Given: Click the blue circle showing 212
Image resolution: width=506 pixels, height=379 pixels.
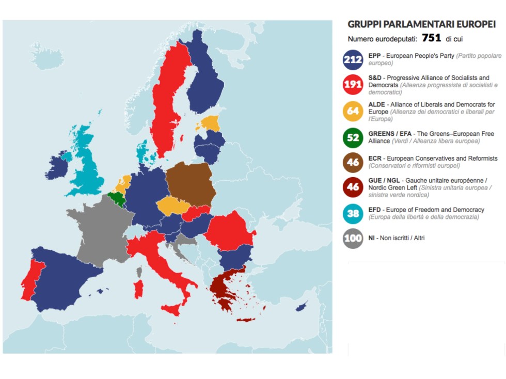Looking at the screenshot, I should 353,59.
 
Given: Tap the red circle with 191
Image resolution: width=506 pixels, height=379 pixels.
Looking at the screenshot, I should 353,85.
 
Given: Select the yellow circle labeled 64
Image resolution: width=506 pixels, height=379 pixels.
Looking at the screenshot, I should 353,110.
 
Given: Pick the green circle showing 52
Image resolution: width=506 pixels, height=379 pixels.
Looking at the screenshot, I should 353,137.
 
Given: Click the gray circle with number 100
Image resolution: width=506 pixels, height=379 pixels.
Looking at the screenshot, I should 353,239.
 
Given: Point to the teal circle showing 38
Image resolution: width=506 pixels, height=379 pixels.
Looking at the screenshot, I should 353,213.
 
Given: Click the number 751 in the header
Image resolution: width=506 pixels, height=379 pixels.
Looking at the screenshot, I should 431,38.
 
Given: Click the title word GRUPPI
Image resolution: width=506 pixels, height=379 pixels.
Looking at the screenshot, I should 363,24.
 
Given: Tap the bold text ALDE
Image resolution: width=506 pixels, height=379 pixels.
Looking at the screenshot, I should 377,104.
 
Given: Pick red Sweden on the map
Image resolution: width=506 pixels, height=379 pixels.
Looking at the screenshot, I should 170,98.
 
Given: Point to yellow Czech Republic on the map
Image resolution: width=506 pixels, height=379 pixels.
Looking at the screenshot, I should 173,206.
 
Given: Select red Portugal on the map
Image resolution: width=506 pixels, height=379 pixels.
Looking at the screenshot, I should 28,279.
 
